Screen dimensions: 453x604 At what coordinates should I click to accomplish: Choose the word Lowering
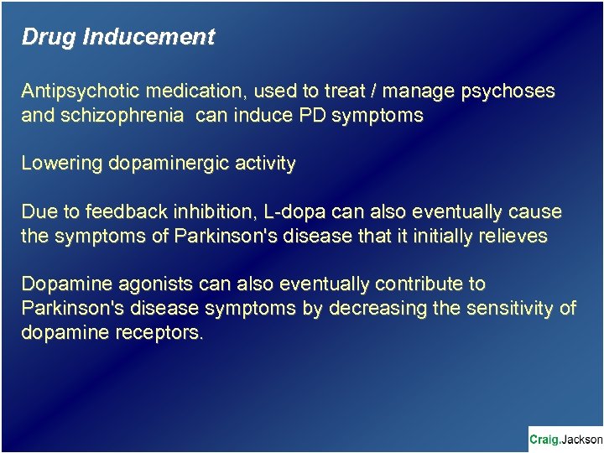tap(61, 164)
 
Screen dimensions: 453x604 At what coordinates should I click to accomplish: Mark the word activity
tap(260, 164)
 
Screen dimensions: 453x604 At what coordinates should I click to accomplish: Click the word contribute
tap(424, 284)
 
